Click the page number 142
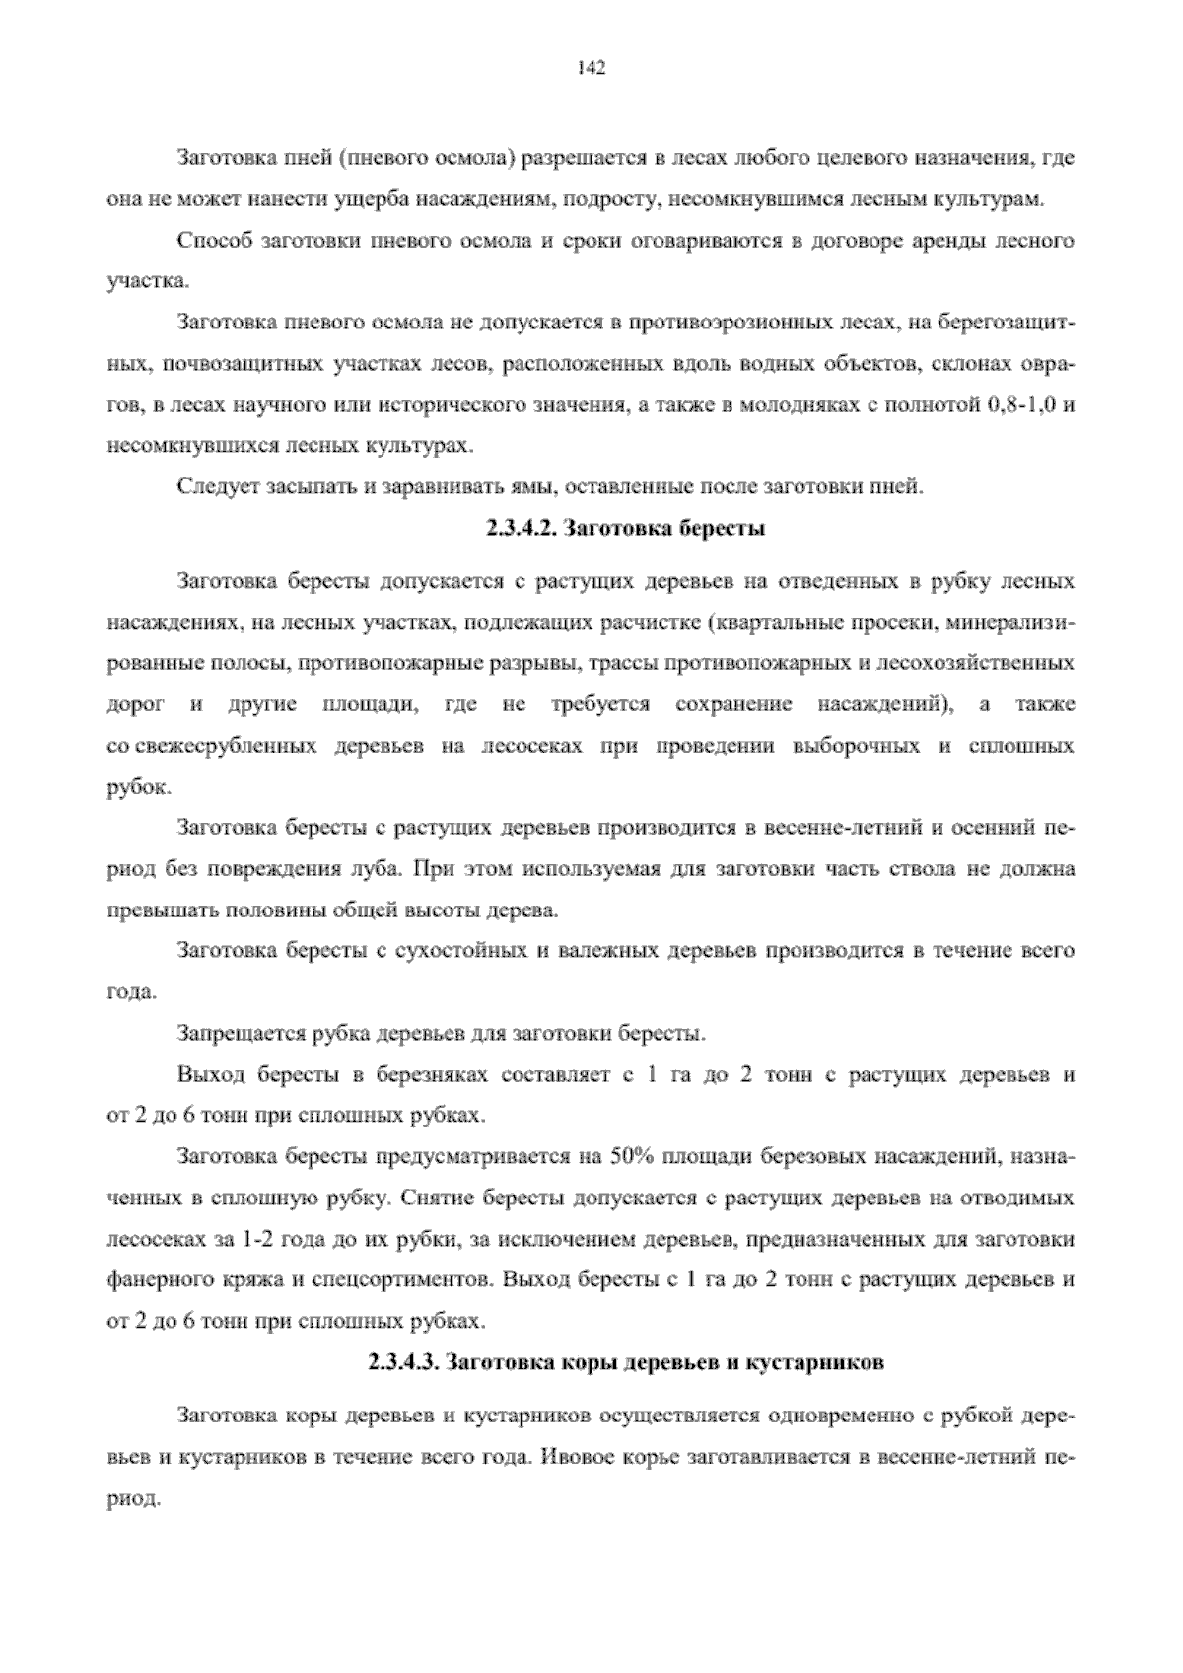(591, 68)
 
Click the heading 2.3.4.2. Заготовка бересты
(625, 529)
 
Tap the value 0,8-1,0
(1023, 404)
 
